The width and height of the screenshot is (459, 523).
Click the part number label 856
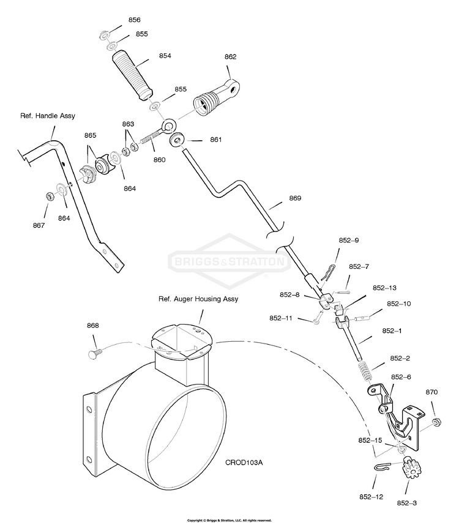coord(134,20)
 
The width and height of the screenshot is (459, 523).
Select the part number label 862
coord(230,57)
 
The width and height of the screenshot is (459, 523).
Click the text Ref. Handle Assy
coord(48,116)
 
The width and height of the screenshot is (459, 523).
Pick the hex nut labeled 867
coord(50,197)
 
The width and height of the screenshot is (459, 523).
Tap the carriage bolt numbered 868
coord(95,353)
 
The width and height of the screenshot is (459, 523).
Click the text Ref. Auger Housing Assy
coord(198,299)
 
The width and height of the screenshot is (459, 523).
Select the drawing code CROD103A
coord(244,462)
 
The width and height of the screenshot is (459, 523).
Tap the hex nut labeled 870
coord(436,422)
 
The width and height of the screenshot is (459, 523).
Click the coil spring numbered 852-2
coord(365,371)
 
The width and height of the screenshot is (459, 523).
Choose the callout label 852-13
coord(384,288)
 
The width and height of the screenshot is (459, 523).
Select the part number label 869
coord(295,198)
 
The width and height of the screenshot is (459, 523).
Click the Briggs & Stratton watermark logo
coord(229,261)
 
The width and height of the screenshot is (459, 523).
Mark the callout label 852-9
coord(349,240)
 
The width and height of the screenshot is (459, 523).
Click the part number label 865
coord(90,135)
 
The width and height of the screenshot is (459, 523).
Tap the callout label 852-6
coord(401,377)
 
